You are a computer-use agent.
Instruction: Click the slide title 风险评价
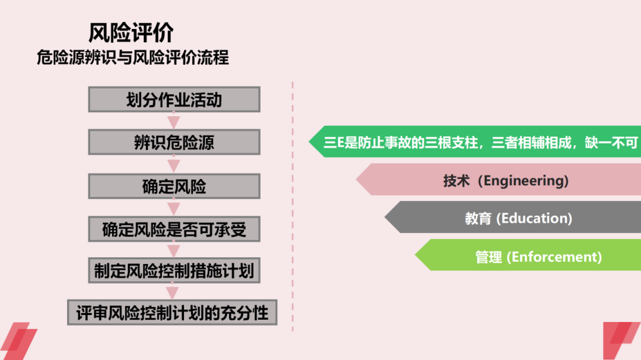click(131, 33)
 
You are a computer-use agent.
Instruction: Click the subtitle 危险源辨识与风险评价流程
click(132, 58)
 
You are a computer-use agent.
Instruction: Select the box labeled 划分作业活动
click(174, 99)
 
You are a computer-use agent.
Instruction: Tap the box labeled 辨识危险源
click(174, 142)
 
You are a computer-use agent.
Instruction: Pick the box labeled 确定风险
click(174, 186)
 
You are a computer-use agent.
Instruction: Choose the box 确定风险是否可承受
click(174, 229)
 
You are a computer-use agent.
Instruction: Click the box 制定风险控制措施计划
click(174, 270)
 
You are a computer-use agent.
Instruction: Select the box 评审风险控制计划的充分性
click(172, 312)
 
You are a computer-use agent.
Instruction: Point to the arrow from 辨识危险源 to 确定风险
click(173, 164)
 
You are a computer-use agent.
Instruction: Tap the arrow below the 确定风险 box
click(173, 208)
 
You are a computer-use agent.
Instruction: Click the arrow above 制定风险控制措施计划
click(173, 250)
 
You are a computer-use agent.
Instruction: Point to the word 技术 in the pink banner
click(456, 180)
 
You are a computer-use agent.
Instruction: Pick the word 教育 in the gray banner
click(478, 218)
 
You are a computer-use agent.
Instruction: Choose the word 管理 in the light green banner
click(488, 257)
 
